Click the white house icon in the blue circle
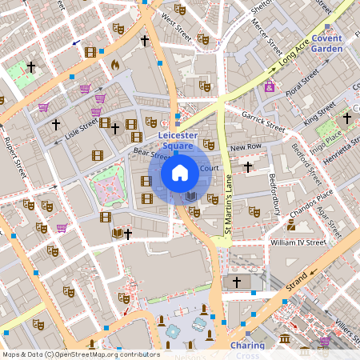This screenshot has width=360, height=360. point(180,172)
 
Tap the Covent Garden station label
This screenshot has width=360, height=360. point(326,43)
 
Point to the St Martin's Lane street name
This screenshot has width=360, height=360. point(227,210)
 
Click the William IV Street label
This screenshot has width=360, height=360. point(298,242)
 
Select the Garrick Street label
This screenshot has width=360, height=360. point(264,121)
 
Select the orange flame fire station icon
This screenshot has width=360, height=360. point(114,64)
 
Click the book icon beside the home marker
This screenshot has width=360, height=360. point(190,196)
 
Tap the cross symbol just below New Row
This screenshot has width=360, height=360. point(248,166)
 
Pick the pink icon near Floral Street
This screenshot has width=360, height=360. point(270,86)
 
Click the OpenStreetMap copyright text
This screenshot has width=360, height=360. point(81,354)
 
